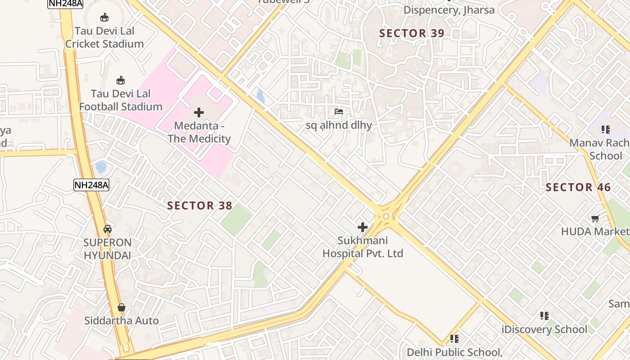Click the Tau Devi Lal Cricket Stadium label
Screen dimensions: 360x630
(104, 37)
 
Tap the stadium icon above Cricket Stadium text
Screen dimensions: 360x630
(104, 18)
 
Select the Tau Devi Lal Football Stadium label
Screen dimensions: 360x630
(121, 100)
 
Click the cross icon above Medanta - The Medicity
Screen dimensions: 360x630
(198, 112)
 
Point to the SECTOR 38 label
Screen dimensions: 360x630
(200, 206)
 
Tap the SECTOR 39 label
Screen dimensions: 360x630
(412, 33)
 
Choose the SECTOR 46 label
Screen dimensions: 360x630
(578, 187)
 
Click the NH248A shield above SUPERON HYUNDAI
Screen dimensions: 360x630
(91, 184)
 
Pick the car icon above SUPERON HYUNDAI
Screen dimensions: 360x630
(108, 229)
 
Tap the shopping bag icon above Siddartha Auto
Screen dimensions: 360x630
(121, 307)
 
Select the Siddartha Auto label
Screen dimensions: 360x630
(121, 320)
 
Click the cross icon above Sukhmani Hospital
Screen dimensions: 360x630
(363, 227)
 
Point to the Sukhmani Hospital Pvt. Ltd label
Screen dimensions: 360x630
(363, 247)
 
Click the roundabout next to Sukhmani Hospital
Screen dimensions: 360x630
(386, 216)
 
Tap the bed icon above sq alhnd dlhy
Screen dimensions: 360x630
(339, 111)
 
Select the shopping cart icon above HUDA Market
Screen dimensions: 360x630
(595, 219)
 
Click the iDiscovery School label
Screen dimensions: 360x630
(544, 329)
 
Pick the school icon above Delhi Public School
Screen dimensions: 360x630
(454, 338)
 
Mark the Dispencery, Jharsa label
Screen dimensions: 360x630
(449, 9)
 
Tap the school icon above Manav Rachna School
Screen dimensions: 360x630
(606, 130)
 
